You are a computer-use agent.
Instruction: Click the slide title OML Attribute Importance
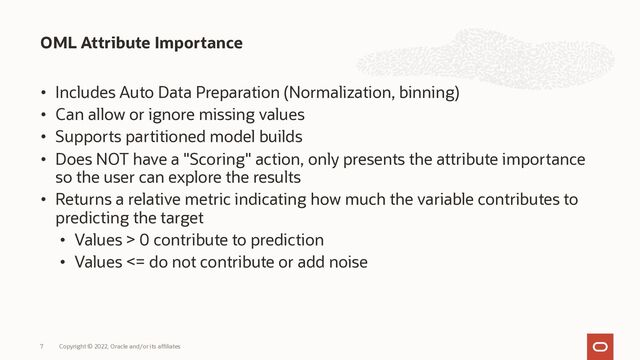click(141, 43)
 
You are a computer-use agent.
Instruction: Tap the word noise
click(345, 262)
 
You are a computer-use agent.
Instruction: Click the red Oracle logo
click(601, 344)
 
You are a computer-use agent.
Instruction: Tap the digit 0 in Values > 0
click(146, 240)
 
